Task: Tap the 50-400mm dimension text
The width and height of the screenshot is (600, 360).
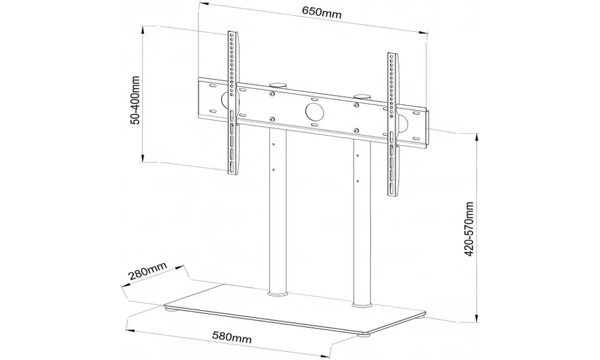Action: pyautogui.click(x=134, y=102)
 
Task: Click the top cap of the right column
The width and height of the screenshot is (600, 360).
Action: pyautogui.click(x=362, y=96)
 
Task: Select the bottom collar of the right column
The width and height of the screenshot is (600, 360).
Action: pyautogui.click(x=361, y=304)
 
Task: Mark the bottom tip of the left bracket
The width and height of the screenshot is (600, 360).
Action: pyautogui.click(x=234, y=174)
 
